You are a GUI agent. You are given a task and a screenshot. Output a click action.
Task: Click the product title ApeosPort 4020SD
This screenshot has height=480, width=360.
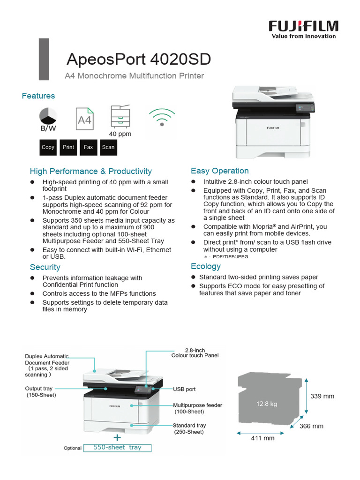[138, 60]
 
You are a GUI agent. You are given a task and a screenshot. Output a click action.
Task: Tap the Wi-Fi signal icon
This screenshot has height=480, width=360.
[162, 117]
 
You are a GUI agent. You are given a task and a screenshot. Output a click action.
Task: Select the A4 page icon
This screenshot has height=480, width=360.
[85, 120]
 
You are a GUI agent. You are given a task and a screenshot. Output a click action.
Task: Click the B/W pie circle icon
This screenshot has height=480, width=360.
[48, 116]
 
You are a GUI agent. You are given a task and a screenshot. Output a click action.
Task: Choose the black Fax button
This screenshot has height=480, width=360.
[88, 147]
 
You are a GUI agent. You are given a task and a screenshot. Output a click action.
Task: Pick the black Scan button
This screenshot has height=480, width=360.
[108, 147]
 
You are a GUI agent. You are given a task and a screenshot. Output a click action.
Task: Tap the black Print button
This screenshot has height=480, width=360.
[68, 147]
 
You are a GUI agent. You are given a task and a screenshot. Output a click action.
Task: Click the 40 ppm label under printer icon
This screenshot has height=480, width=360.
[120, 134]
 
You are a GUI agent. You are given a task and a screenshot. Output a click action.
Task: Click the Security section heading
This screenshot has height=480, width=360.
[45, 267]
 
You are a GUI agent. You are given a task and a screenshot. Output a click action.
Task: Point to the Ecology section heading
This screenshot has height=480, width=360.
[206, 266]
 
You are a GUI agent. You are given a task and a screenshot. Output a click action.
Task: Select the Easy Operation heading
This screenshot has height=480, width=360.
[220, 171]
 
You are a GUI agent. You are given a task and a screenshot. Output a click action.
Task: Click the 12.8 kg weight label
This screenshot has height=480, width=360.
[266, 404]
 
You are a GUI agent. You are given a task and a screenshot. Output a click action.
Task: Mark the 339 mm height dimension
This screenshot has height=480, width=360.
[322, 396]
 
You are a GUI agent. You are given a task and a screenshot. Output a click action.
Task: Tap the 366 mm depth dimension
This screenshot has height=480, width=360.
[312, 426]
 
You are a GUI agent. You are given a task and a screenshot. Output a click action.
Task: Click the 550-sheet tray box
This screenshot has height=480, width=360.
[118, 448]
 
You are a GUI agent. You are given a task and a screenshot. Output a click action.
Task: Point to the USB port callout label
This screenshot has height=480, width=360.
[184, 389]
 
